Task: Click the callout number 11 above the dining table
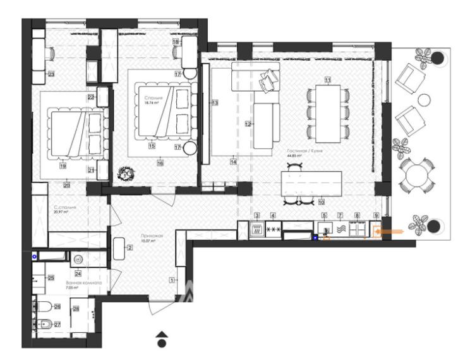point(327,80)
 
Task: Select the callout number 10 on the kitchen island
point(321,203)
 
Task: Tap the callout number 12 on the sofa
point(248,125)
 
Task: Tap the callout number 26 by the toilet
point(57,307)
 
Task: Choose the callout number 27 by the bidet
point(57,324)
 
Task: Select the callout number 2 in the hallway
point(130,248)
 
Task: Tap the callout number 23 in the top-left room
point(51,75)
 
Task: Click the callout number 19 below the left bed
point(63,167)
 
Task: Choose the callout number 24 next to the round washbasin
point(78,273)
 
